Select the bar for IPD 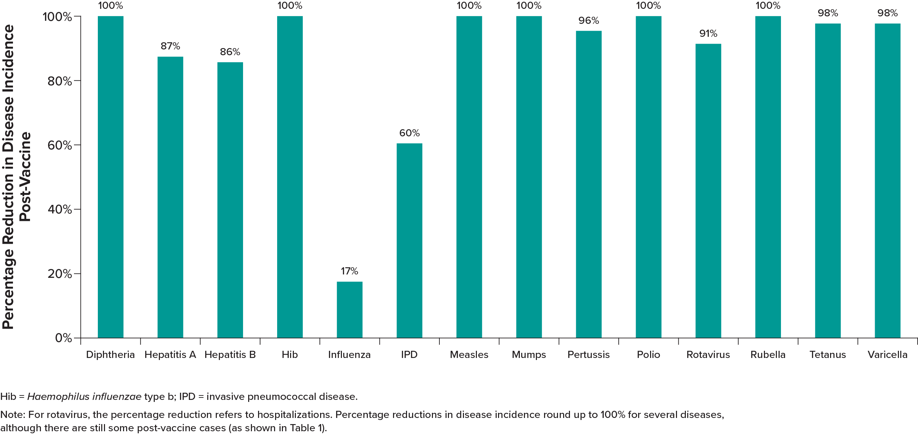pyautogui.click(x=409, y=240)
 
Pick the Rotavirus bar pyautogui.click(x=708, y=191)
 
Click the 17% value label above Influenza pyautogui.click(x=349, y=271)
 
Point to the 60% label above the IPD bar pyautogui.click(x=409, y=133)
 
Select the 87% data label pyautogui.click(x=170, y=46)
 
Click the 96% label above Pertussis pyautogui.click(x=588, y=20)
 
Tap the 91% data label pyautogui.click(x=708, y=33)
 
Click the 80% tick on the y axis pyautogui.click(x=60, y=81)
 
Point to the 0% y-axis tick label pyautogui.click(x=63, y=338)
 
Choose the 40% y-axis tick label pyautogui.click(x=60, y=209)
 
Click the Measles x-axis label pyautogui.click(x=469, y=355)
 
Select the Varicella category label pyautogui.click(x=887, y=355)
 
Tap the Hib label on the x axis pyautogui.click(x=289, y=355)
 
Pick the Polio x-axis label pyautogui.click(x=648, y=355)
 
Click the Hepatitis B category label pyautogui.click(x=230, y=355)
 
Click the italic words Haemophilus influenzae pyautogui.click(x=84, y=396)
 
